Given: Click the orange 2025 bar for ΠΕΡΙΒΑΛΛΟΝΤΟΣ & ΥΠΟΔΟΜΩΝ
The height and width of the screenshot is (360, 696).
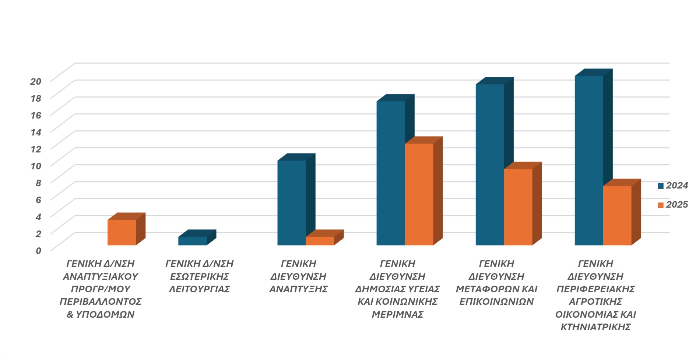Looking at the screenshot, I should pyautogui.click(x=122, y=232).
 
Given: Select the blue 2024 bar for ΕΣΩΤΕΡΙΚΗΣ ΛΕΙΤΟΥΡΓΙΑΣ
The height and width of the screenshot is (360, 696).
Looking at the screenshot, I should pyautogui.click(x=192, y=241).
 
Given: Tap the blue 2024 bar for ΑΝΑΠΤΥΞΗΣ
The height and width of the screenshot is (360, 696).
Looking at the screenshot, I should pyautogui.click(x=291, y=202).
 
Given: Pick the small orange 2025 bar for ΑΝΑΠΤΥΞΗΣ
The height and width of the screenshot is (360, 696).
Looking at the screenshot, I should pyautogui.click(x=320, y=241).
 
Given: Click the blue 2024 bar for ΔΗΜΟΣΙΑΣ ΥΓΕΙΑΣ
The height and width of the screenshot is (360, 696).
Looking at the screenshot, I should pyautogui.click(x=390, y=173).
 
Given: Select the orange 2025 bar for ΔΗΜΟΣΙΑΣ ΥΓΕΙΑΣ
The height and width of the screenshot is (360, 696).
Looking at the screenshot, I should pyautogui.click(x=419, y=194).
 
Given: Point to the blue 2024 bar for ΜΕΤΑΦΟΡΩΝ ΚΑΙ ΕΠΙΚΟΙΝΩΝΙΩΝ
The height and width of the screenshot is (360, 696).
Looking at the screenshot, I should pyautogui.click(x=489, y=165).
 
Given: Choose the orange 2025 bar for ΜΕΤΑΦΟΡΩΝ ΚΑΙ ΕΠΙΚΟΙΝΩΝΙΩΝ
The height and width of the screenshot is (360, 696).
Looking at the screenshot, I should pyautogui.click(x=518, y=207).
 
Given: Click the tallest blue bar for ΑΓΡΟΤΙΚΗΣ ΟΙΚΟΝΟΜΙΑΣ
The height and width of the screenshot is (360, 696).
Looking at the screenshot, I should pyautogui.click(x=588, y=160).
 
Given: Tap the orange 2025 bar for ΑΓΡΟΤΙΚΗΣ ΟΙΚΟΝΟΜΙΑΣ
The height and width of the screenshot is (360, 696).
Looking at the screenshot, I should pyautogui.click(x=617, y=215).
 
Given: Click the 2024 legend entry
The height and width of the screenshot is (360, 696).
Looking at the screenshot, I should pyautogui.click(x=673, y=186).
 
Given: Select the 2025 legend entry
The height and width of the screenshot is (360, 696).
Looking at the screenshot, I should pyautogui.click(x=673, y=205).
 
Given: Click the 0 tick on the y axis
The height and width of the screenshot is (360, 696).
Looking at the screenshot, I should pyautogui.click(x=38, y=251).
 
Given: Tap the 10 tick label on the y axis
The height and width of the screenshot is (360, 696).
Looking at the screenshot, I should pyautogui.click(x=36, y=166).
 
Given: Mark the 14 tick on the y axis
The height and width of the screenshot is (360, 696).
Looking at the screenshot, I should pyautogui.click(x=36, y=132).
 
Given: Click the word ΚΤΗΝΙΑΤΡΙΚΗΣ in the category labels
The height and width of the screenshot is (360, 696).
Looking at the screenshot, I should pyautogui.click(x=595, y=327).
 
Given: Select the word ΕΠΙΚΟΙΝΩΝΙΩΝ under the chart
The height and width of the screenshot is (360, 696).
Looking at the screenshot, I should pyautogui.click(x=496, y=301).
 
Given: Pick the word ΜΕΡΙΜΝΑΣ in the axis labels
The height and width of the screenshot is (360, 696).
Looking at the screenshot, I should pyautogui.click(x=397, y=314).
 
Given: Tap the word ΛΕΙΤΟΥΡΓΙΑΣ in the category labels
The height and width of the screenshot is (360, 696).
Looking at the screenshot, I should pyautogui.click(x=199, y=289).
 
